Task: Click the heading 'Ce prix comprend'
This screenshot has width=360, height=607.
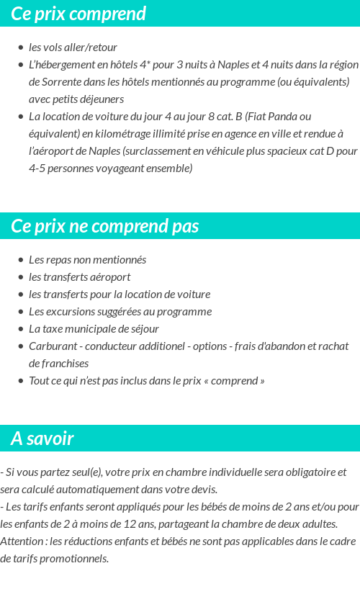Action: [x=78, y=14]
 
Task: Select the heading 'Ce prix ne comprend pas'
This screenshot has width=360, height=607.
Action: [x=105, y=226]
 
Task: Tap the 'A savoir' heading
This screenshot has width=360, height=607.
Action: [x=42, y=439]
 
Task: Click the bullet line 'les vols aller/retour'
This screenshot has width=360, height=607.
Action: [x=73, y=48]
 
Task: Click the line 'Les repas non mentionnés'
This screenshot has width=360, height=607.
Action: [x=87, y=260]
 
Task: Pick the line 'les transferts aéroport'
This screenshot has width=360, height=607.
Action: [x=79, y=277]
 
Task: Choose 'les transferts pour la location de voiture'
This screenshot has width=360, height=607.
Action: [x=120, y=294]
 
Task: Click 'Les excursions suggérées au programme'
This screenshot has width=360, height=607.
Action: [x=120, y=312]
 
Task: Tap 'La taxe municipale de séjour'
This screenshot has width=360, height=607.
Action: [x=94, y=329]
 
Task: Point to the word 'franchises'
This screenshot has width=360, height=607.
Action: [x=58, y=364]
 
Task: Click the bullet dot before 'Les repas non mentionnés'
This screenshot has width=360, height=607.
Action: [x=21, y=260]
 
